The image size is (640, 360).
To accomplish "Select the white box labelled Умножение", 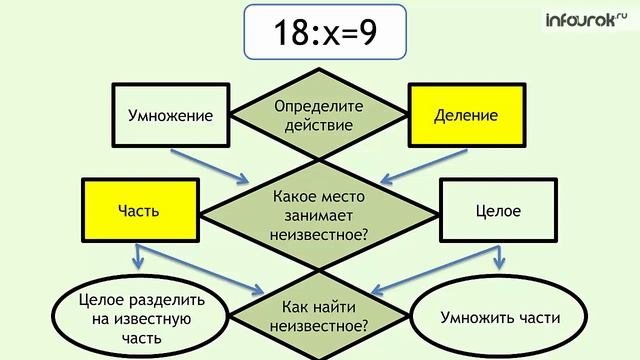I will coord(171,115).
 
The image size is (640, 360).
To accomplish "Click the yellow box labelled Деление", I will coord(466,115).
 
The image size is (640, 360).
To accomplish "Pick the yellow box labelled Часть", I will coord(139,212).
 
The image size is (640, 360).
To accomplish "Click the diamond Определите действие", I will coord(320,116).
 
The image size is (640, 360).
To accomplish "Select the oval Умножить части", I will coord(499,317).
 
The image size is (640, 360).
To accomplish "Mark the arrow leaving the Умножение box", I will coord(209,167).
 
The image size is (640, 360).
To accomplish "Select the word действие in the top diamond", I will coord(320,126).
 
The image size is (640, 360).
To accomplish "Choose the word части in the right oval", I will coord(538,318).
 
